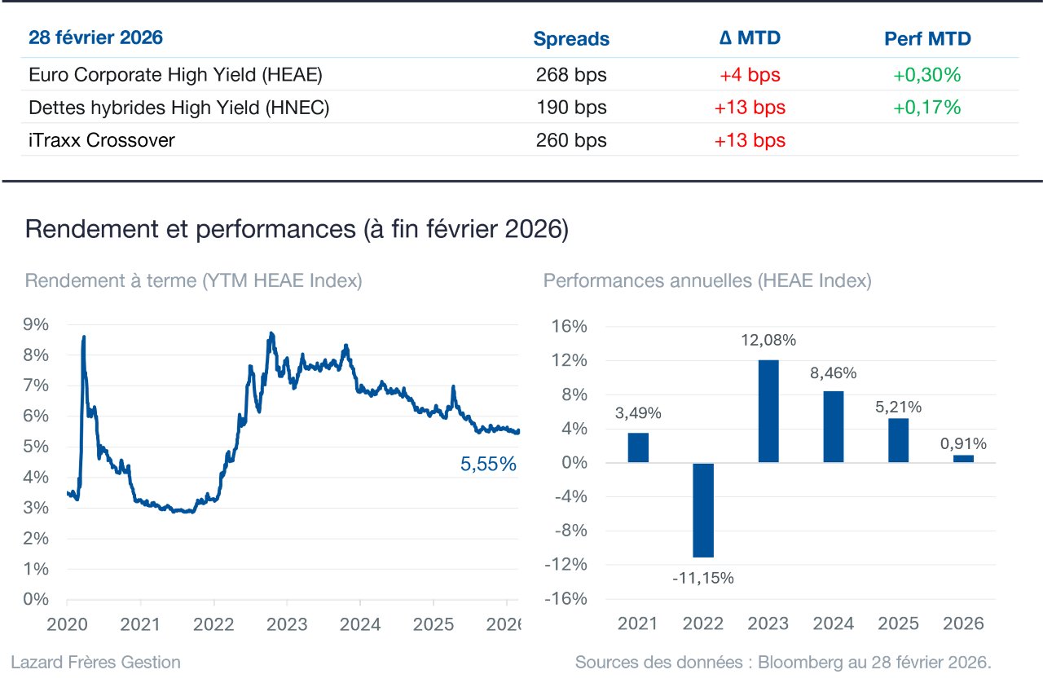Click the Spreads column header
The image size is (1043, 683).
[x=571, y=38]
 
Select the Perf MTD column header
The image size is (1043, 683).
[x=927, y=38]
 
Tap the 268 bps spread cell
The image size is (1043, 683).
[x=571, y=74]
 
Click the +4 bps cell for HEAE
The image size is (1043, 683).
[x=750, y=74]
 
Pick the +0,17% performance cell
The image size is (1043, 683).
[x=926, y=107]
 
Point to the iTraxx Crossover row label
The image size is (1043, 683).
[x=102, y=139]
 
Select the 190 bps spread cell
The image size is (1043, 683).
[x=571, y=107]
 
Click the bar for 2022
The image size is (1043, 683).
[x=703, y=510]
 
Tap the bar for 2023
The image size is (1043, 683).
[x=768, y=411]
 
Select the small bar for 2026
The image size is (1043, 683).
[x=963, y=459]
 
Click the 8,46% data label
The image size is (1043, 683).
[x=833, y=372]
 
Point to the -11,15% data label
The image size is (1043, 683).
[x=703, y=578]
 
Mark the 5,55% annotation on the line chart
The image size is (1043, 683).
[x=488, y=464]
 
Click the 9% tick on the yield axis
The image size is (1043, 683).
[x=36, y=324]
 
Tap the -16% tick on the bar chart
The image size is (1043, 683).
[x=566, y=599]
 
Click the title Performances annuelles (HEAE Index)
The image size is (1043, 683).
[x=707, y=280]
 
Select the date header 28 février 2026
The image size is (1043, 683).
[x=95, y=37]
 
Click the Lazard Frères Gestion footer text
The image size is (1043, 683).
[x=95, y=662]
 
